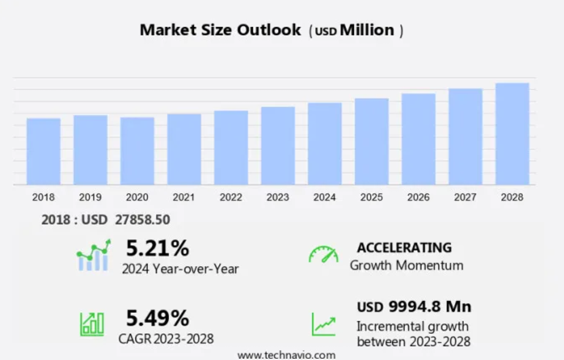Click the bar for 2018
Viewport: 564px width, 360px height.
coord(43,152)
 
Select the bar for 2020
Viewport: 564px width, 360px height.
coord(137,151)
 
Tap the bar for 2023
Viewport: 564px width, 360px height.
coord(278,146)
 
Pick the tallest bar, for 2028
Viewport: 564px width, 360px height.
coord(512,134)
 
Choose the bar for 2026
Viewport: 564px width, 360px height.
coord(418,139)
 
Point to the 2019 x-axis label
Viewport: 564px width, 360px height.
coord(90,197)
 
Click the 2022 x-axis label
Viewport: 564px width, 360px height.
coord(231,197)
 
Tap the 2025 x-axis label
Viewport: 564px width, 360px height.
coord(371,197)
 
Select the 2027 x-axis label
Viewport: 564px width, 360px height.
coord(465,197)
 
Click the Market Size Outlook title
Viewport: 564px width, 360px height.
coord(220,30)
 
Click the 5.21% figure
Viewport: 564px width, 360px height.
coord(157,248)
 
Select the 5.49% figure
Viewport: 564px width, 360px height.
coord(157,318)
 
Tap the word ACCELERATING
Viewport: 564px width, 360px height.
coord(404,248)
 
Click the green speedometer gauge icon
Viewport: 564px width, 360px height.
coord(323,255)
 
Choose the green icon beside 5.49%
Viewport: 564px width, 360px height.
coord(92,323)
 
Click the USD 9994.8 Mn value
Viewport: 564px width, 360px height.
coord(414,306)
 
